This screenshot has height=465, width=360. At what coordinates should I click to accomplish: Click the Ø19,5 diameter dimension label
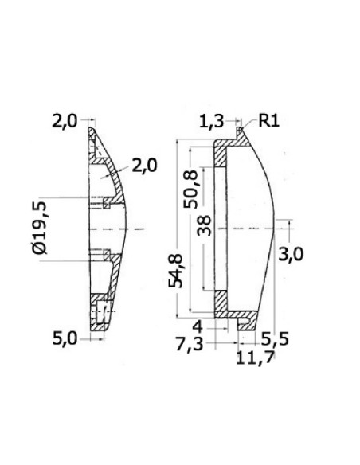pos(40,228)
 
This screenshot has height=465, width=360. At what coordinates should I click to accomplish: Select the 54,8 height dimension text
pos(175,271)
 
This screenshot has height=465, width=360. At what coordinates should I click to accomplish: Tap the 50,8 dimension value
pos(190,190)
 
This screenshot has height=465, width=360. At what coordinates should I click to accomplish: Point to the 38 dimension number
pos(205,225)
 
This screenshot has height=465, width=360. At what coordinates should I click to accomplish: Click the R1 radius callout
pos(269,121)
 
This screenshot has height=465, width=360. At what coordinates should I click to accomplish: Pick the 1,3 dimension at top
pos(211,122)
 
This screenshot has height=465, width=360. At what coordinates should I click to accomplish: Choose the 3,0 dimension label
pos(291,255)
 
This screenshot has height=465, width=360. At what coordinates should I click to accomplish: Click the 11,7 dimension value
pos(255,358)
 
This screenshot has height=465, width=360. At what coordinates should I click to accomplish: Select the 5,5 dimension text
pos(275,339)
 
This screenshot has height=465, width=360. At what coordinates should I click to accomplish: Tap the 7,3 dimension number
pos(190,344)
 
